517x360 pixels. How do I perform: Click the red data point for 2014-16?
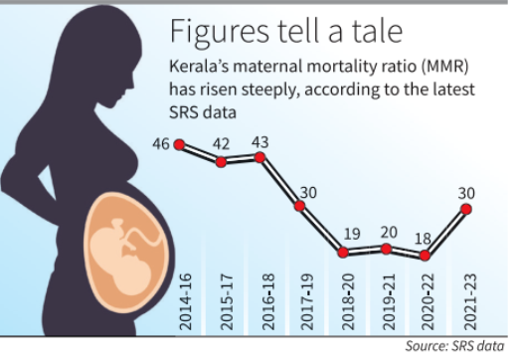coord(179,145)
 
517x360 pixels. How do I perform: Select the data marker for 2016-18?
coord(261,156)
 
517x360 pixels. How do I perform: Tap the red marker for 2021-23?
coord(465,210)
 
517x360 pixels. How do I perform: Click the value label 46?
coord(160,145)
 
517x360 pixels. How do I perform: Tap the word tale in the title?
coord(372,32)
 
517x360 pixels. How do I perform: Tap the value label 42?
coord(220,145)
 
